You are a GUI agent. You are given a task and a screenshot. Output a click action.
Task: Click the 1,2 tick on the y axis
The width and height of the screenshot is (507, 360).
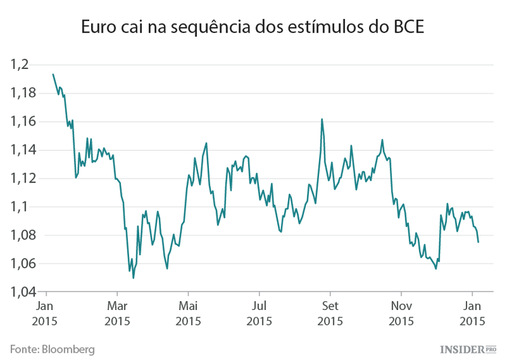click(22, 65)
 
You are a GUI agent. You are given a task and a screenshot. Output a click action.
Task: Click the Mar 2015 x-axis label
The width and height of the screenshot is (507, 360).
click(117, 314)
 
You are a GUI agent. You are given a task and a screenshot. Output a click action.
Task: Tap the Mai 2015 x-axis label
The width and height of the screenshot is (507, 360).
click(188, 314)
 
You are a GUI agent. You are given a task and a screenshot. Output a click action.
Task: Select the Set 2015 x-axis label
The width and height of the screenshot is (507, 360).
click(330, 314)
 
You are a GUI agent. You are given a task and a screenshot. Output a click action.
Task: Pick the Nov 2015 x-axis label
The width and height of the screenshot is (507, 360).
click(401, 314)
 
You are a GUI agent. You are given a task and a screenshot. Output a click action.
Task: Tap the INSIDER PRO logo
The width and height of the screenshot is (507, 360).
click(468, 349)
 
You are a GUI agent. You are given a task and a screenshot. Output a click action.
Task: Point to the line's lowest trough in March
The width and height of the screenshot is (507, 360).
click(133, 278)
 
